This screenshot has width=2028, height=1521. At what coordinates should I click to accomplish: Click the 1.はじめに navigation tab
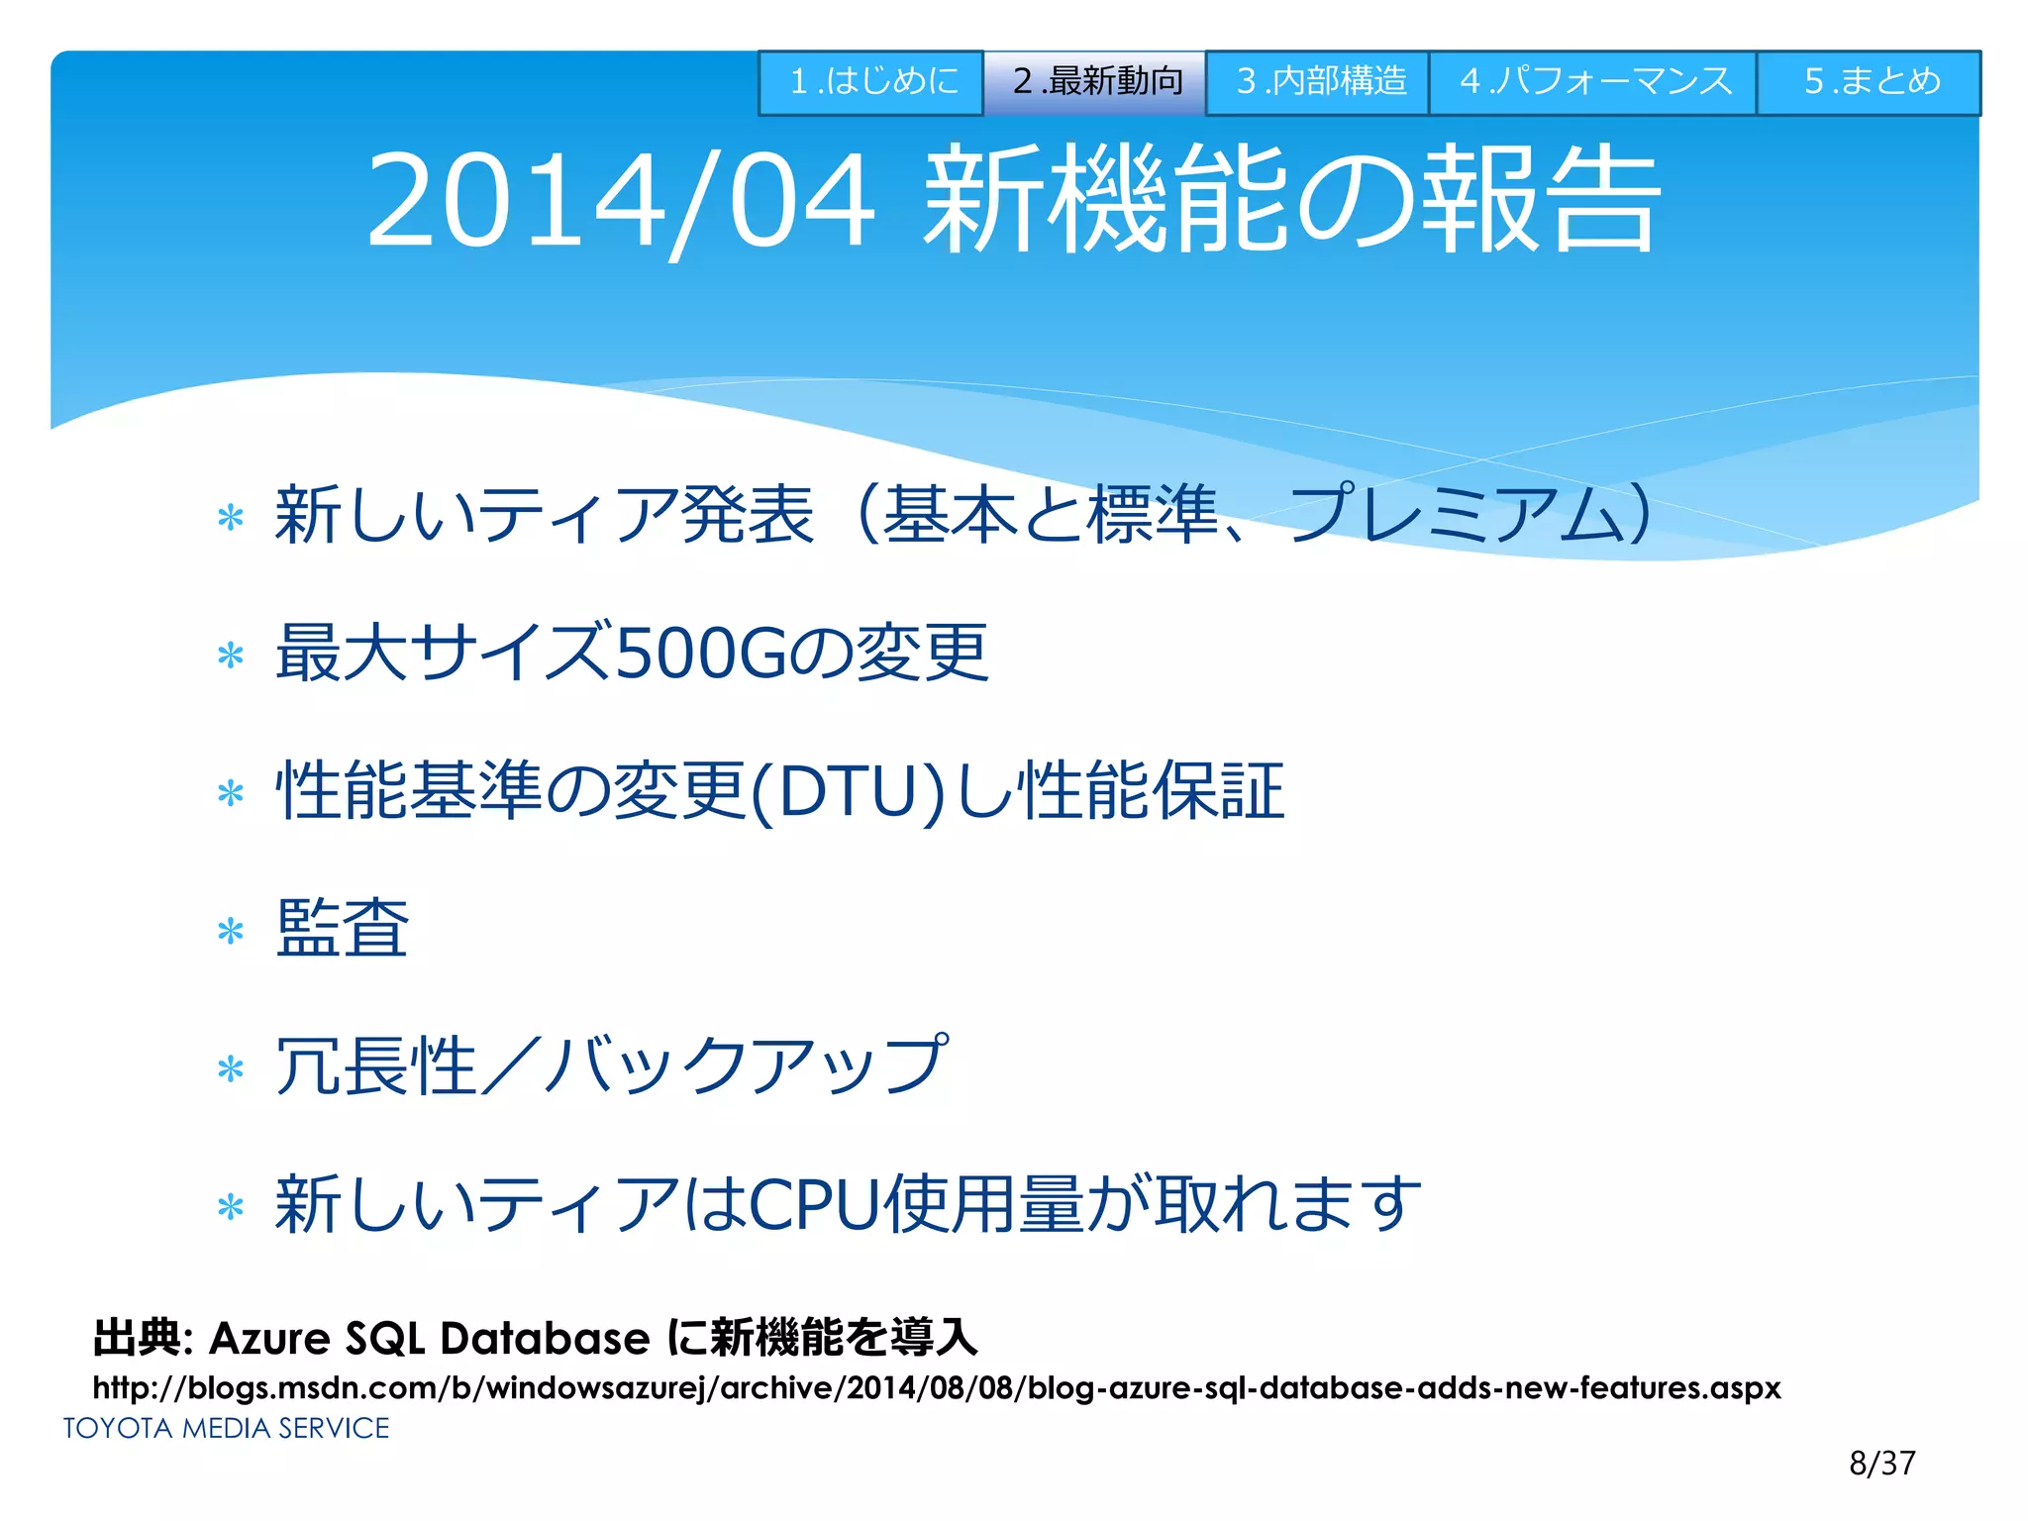(x=871, y=82)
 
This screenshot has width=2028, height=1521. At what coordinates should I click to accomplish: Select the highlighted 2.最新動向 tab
(x=1095, y=82)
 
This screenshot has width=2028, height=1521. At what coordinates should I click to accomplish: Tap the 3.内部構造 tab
(x=1318, y=82)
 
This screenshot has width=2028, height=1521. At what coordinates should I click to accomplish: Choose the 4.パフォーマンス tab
(x=1593, y=82)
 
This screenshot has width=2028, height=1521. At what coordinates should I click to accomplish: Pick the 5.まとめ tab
(x=1870, y=82)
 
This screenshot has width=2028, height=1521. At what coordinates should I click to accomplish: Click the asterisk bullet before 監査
(x=231, y=931)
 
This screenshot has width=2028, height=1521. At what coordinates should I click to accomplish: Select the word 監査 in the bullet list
(x=342, y=929)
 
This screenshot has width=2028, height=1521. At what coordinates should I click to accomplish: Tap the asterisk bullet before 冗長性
(x=231, y=1069)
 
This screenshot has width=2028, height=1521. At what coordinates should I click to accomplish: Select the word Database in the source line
(x=545, y=1339)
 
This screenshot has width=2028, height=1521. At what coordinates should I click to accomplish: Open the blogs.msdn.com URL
(x=936, y=1388)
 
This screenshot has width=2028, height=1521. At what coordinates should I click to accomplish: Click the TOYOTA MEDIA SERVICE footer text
(x=227, y=1428)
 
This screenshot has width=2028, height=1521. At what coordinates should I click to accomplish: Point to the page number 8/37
(x=1881, y=1463)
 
